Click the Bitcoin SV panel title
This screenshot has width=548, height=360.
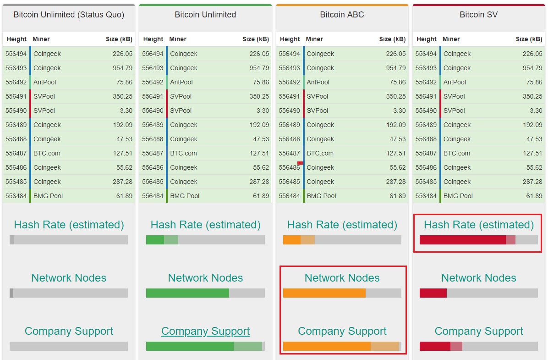(x=478, y=15)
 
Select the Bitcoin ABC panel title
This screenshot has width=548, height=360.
(x=342, y=15)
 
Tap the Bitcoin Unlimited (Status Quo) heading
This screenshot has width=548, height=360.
(x=69, y=15)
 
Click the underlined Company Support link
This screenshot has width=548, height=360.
(x=205, y=331)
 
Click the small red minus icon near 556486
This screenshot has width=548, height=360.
(x=300, y=163)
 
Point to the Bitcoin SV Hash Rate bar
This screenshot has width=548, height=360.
(x=478, y=240)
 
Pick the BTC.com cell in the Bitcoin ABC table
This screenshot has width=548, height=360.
(x=320, y=153)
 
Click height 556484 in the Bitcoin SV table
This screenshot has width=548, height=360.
(x=426, y=196)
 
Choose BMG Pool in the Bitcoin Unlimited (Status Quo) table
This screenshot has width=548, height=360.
(x=48, y=196)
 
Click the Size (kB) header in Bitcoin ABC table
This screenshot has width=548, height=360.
(x=392, y=39)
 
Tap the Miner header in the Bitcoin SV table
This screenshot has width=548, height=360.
(x=451, y=39)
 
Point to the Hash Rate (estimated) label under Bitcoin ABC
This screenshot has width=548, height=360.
(x=342, y=225)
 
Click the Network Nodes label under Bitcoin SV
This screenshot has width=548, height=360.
(x=478, y=278)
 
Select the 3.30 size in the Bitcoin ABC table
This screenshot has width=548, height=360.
(x=399, y=111)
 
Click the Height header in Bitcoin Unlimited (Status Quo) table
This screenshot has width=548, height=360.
(x=17, y=39)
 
